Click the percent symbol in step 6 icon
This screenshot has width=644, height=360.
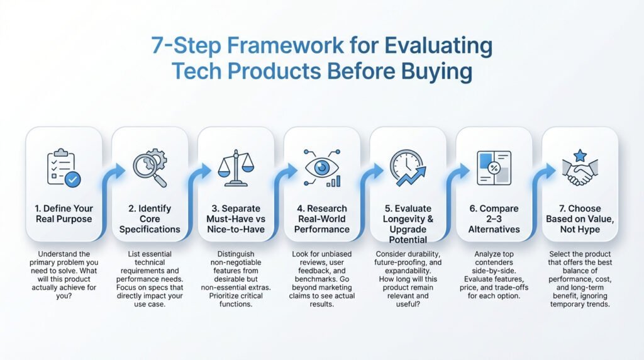pos(494,168)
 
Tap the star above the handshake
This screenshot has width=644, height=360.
pos(580,155)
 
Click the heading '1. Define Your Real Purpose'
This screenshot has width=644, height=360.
pos(64,213)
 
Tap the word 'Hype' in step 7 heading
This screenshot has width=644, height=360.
pos(590,230)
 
